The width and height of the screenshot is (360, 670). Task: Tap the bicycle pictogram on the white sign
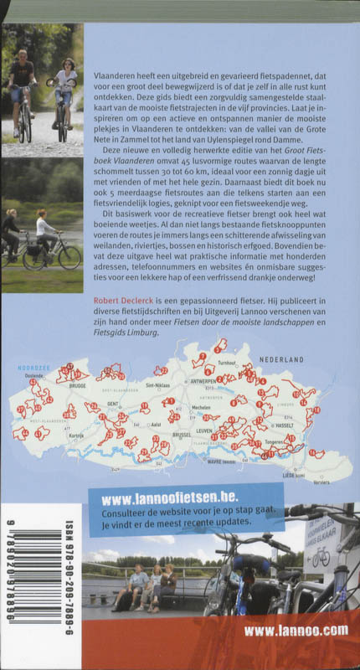tap(320, 557)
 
